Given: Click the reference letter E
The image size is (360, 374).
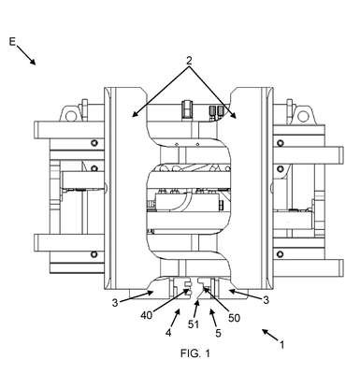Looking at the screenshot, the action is [x=12, y=41].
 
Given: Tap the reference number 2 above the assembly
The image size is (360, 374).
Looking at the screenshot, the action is [x=189, y=61].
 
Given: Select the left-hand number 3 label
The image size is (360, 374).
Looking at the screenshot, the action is [x=115, y=302].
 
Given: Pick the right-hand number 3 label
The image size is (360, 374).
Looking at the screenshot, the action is [x=266, y=300].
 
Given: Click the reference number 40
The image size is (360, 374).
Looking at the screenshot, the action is [x=146, y=315].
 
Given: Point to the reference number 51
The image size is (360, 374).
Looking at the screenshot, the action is [x=194, y=324].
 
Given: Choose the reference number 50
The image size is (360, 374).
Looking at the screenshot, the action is [x=234, y=318].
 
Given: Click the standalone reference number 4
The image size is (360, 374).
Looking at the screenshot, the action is [x=168, y=333].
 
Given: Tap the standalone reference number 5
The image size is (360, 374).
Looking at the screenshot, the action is [x=218, y=333].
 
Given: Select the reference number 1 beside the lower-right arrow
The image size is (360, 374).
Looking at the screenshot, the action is [x=281, y=345].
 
